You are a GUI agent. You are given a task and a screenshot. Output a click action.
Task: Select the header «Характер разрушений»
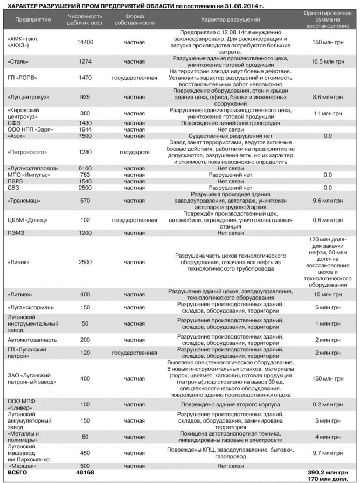coord(231,19)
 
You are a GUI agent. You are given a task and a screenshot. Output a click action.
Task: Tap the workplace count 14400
coord(86,42)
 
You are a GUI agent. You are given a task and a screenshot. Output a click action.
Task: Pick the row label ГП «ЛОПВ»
coord(21,78)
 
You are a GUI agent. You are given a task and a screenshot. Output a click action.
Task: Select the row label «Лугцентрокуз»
coord(29,98)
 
